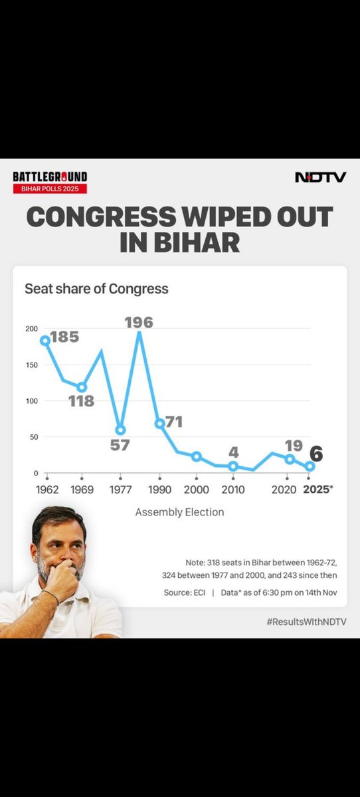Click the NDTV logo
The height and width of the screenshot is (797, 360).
tap(320, 177)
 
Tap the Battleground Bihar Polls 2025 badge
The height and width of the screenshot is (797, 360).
tap(50, 183)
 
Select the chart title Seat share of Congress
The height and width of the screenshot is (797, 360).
tap(96, 289)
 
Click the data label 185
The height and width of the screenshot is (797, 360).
tap(64, 337)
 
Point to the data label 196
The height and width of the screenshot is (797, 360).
tap(139, 323)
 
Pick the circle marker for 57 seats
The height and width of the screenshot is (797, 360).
tap(120, 430)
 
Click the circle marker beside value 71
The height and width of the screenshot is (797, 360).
tap(159, 423)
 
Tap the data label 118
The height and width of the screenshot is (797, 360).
tap(81, 401)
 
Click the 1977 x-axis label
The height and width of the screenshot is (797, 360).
tap(120, 489)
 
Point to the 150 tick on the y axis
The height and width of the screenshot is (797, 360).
tap(31, 365)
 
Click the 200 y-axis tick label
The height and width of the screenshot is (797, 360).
tap(31, 329)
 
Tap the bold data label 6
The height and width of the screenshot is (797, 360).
tap(317, 454)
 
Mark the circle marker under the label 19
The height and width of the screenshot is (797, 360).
tap(290, 459)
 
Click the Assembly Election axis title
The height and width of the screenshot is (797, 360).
tap(179, 512)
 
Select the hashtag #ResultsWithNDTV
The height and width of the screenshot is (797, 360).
tap(306, 622)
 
